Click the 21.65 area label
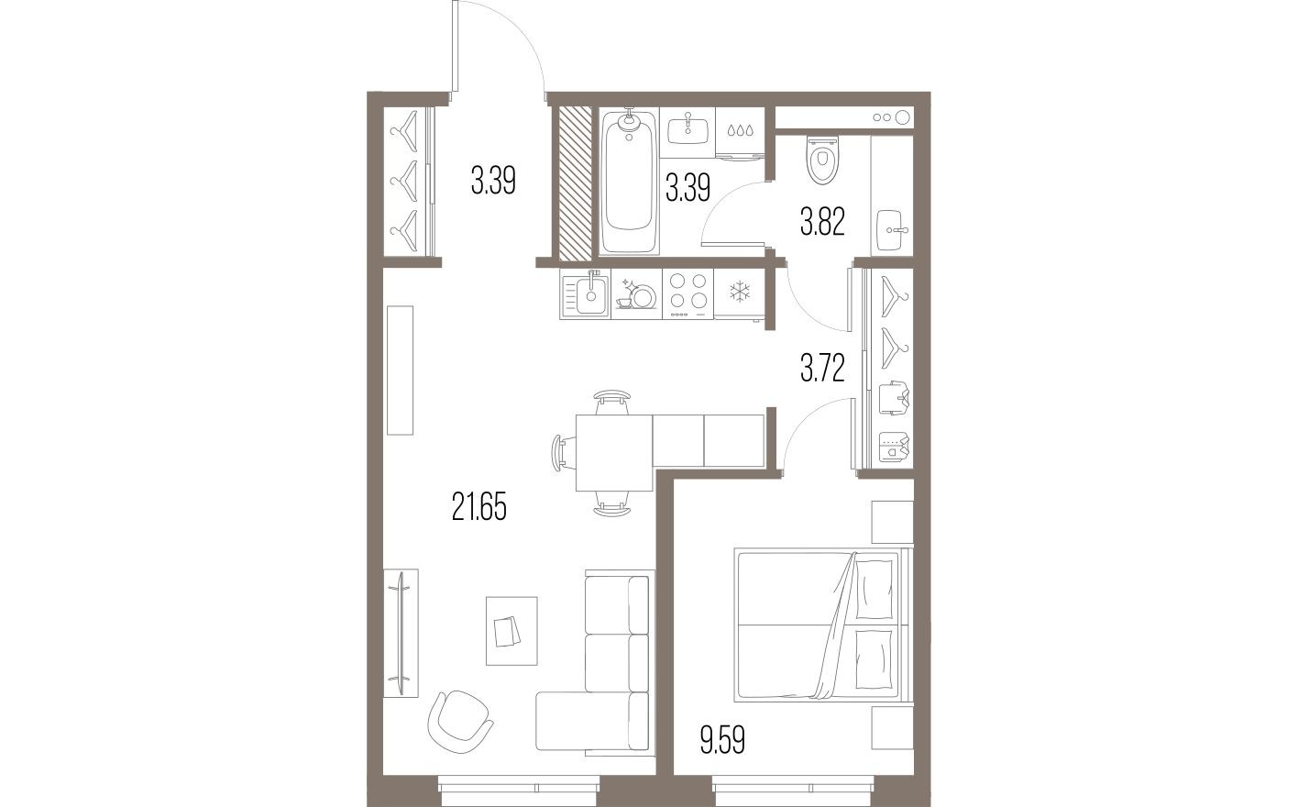478,506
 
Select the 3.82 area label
821,222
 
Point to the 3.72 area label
821,369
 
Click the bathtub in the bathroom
629,182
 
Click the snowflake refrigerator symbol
738,293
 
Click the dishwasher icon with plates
636,293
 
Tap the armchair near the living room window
460,718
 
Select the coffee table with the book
511,630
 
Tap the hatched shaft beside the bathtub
576,182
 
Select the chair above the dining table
612,401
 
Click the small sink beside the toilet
891,224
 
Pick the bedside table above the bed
892,522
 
